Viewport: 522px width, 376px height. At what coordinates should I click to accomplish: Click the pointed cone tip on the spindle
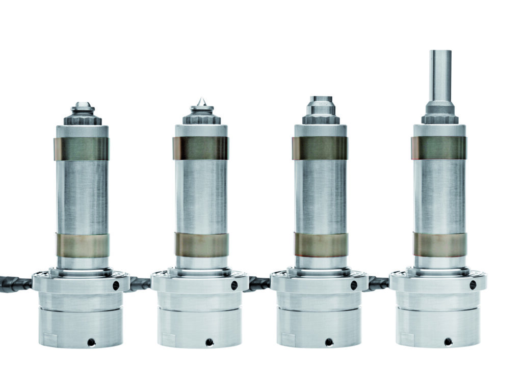click(x=201, y=102)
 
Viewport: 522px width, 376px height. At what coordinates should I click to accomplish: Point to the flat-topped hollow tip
click(x=321, y=99)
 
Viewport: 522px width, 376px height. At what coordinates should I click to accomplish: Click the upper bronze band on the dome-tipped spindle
click(x=81, y=149)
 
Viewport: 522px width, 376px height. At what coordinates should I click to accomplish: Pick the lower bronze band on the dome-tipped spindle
click(x=82, y=245)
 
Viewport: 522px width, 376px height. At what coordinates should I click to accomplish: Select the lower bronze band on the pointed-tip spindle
click(x=201, y=245)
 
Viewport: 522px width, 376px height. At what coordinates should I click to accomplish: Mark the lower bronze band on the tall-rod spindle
click(x=439, y=245)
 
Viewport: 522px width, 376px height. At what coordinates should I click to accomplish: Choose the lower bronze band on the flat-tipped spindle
click(x=321, y=245)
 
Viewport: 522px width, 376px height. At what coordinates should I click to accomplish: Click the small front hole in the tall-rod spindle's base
click(x=448, y=341)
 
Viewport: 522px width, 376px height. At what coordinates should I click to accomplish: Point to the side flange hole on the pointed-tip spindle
click(x=234, y=285)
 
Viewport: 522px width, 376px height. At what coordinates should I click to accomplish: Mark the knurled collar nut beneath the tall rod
click(x=439, y=119)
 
